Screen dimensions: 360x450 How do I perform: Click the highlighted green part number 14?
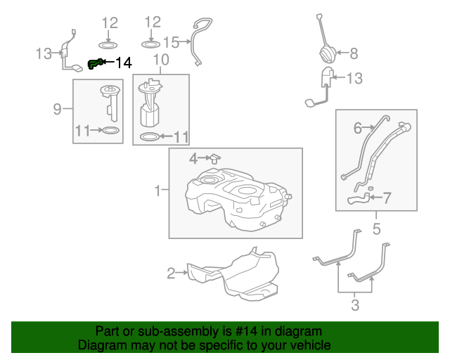pos(94,64)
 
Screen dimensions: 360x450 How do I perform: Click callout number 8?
pos(353,53)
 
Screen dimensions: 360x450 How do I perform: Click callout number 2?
pos(171,273)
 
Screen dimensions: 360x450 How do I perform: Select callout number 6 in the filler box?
pos(357,128)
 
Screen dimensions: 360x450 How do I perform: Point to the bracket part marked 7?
pos(358,201)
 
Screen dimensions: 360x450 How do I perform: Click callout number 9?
pos(57,108)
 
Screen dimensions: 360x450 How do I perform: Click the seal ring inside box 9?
pos(110,130)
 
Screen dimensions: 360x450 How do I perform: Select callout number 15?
pos(172,41)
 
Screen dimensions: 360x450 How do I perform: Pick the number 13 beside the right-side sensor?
pos(354,79)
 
